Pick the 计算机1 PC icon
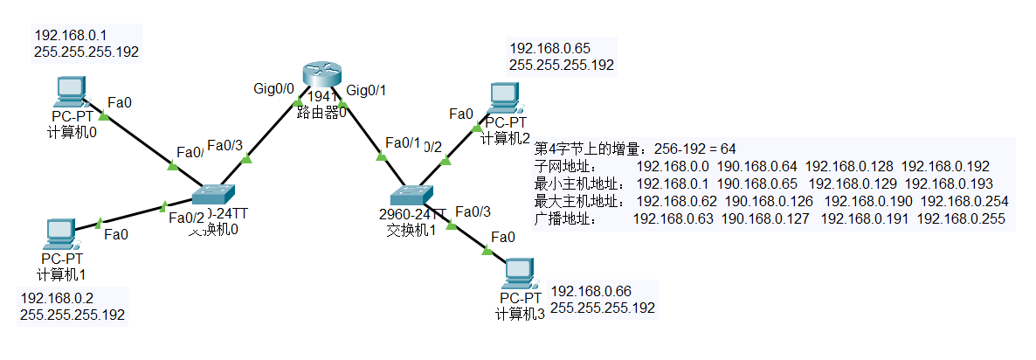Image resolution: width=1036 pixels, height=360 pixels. click(x=60, y=232)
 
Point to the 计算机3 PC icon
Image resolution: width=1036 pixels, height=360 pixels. click(x=519, y=273)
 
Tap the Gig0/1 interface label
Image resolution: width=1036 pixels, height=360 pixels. click(x=366, y=89)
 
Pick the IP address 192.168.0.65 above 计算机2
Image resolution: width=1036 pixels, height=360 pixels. click(x=545, y=48)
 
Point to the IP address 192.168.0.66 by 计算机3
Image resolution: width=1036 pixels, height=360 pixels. click(x=591, y=291)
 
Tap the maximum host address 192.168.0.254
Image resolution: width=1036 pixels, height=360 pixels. click(x=964, y=200)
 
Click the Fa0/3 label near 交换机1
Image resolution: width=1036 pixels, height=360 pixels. click(x=473, y=211)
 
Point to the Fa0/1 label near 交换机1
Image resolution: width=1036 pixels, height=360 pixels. click(x=403, y=143)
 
